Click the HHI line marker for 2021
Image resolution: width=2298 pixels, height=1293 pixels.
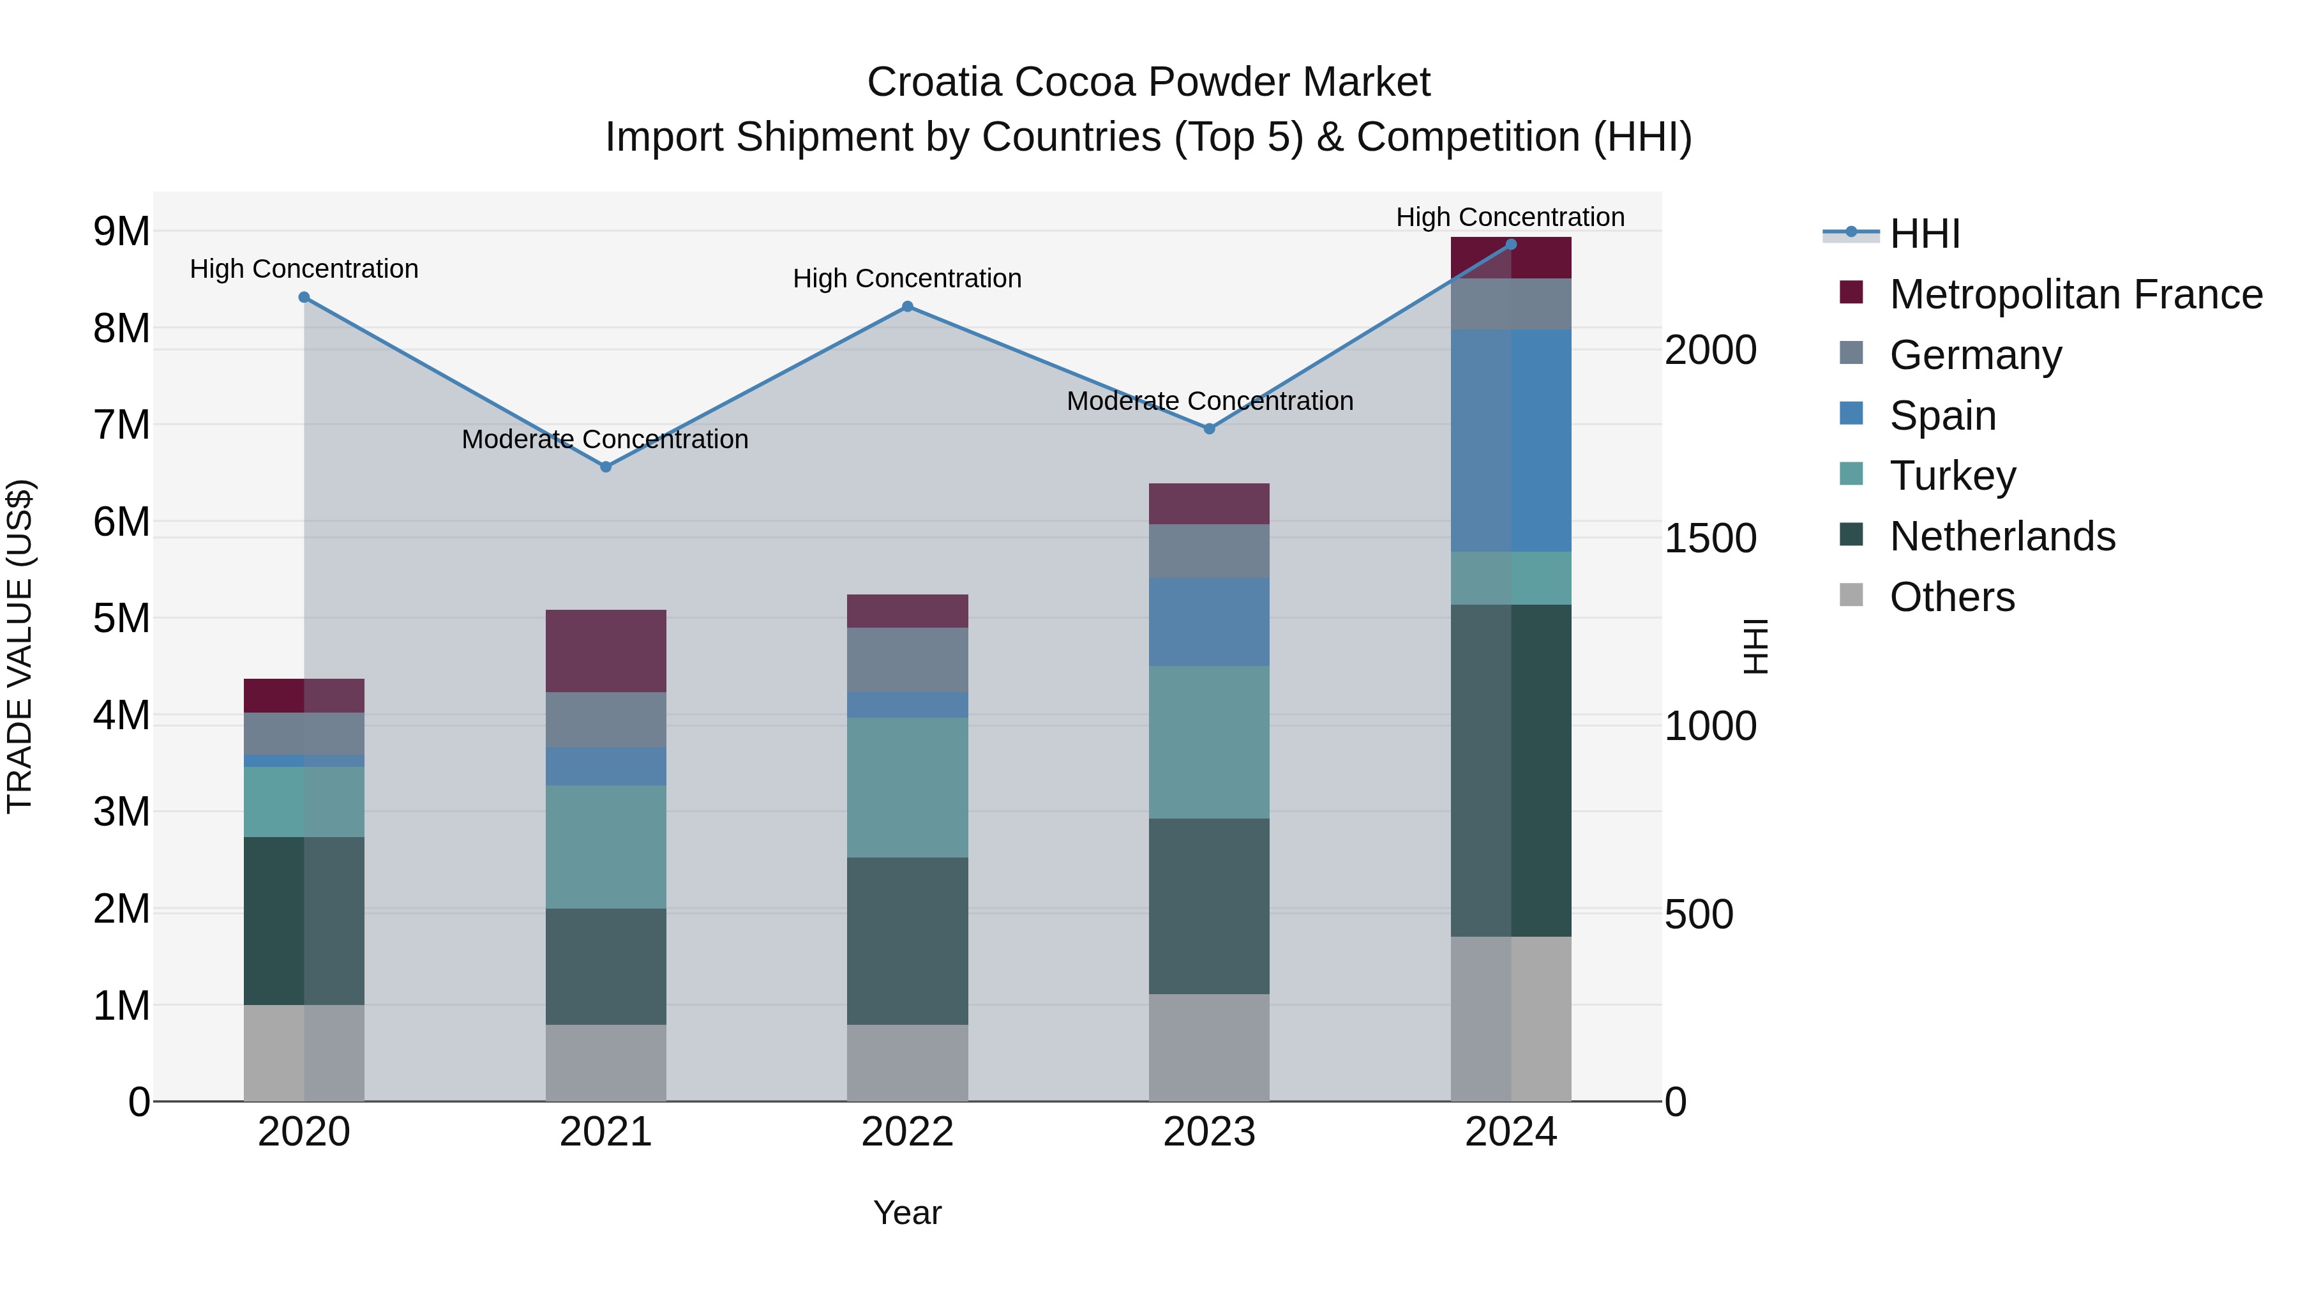(606, 467)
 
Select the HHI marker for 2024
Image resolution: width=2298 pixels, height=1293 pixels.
(1510, 245)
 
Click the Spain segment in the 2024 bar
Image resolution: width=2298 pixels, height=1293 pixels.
(1510, 441)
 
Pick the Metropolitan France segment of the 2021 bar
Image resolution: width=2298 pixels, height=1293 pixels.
(606, 651)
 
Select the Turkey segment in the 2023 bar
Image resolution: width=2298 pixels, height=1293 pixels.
(1209, 743)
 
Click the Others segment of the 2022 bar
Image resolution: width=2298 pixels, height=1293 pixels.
(907, 1062)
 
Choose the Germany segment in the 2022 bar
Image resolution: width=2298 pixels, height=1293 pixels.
(907, 660)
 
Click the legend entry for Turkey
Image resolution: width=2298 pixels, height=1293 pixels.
(1952, 476)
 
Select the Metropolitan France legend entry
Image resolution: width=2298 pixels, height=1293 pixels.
(2075, 294)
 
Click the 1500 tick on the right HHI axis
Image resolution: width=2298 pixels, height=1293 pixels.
(1710, 538)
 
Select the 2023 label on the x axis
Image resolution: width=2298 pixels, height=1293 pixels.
(1209, 1132)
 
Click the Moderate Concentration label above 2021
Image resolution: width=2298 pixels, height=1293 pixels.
(605, 439)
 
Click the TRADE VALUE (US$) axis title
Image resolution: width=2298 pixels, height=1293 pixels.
(20, 646)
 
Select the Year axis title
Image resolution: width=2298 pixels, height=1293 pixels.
(907, 1213)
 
